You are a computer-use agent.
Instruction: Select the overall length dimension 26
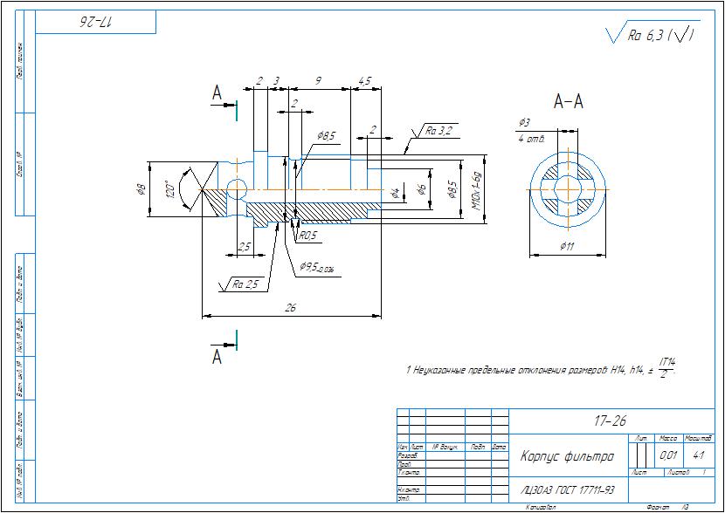click(291, 307)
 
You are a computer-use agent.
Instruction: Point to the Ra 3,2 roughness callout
click(438, 132)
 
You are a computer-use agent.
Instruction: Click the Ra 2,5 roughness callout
click(245, 284)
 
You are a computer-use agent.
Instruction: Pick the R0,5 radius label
click(308, 236)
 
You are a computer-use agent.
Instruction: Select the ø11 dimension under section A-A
click(569, 247)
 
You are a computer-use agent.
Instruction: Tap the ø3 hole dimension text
click(524, 122)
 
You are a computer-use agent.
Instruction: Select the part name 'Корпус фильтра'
click(567, 456)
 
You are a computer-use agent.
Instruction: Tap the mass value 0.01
click(668, 455)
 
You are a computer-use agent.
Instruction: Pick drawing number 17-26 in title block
click(610, 421)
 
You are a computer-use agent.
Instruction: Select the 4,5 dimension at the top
click(364, 81)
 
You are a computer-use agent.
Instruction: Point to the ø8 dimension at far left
click(142, 188)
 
